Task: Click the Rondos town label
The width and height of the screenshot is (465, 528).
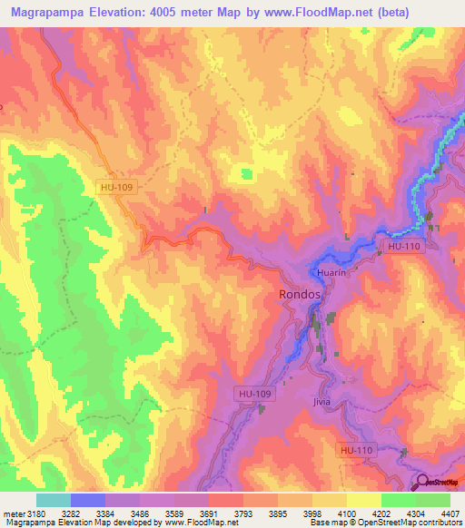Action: pos(299,296)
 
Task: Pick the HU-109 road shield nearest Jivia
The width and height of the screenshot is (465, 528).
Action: pos(255,394)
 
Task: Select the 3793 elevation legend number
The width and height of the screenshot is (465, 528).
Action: pos(244,513)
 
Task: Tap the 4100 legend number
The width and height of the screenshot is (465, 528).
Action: pos(347,513)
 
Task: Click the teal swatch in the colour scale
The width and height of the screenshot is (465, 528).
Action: pos(54,500)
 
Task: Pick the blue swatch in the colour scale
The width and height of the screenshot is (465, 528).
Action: pos(88,500)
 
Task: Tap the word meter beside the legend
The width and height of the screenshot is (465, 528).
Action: pos(14,513)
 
